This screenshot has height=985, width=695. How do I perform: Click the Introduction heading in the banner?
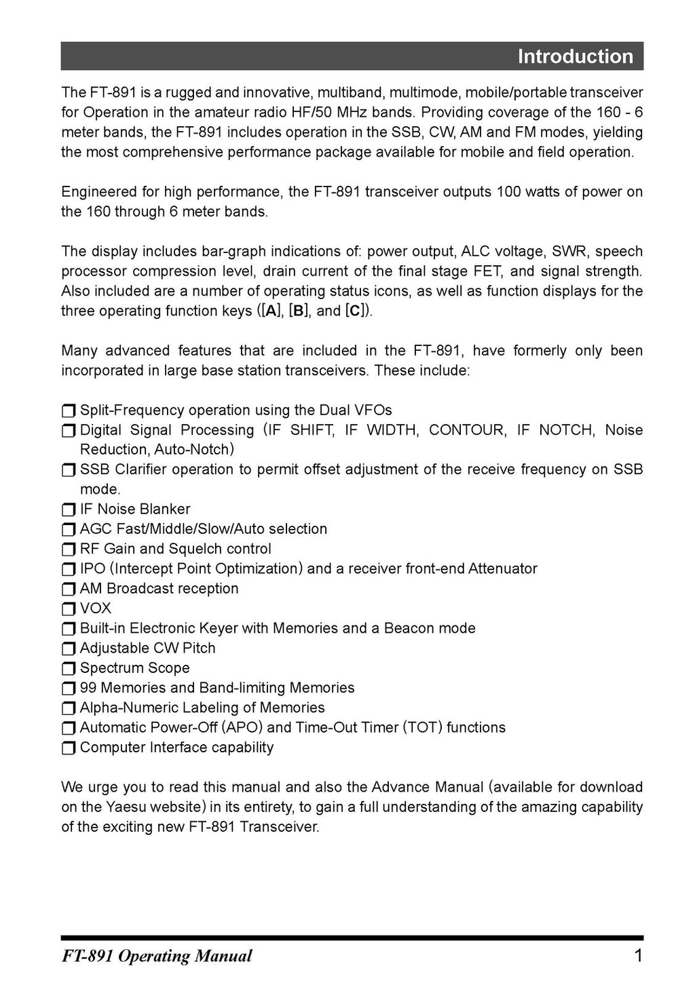[575, 56]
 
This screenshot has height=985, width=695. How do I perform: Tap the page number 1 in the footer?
[637, 956]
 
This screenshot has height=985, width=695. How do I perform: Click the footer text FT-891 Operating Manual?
[157, 957]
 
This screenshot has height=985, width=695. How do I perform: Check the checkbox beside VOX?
[69, 609]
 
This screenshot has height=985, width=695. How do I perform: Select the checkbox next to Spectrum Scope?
[69, 668]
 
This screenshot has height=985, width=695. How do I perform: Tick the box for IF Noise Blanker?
[69, 509]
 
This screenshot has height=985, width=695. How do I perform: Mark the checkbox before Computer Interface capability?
[69, 748]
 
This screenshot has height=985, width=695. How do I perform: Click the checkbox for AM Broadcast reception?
[69, 589]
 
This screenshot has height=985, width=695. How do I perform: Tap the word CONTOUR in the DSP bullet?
[467, 430]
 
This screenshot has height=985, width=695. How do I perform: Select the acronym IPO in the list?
[92, 568]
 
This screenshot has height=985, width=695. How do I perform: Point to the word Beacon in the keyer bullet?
[407, 628]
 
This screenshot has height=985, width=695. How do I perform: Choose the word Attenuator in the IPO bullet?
[502, 568]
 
